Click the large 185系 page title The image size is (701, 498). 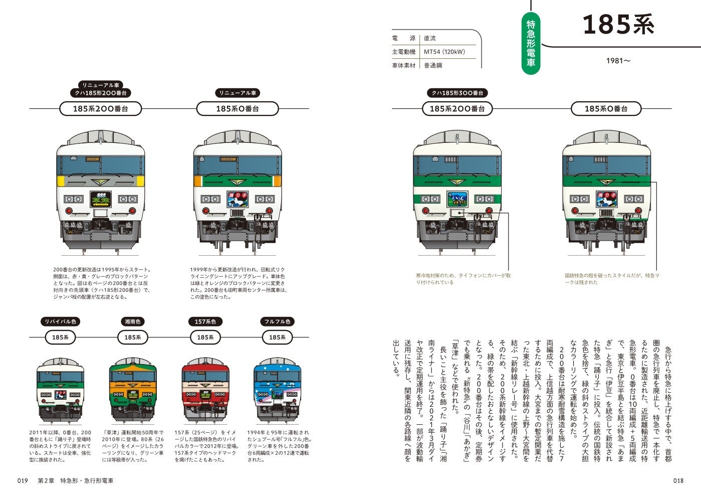[x=618, y=25]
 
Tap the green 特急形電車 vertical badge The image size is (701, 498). [x=531, y=44]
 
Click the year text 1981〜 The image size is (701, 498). [x=618, y=61]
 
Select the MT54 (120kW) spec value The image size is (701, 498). [x=444, y=52]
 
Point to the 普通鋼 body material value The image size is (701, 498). [x=433, y=65]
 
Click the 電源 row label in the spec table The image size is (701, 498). [x=403, y=38]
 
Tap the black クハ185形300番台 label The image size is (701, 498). [x=457, y=93]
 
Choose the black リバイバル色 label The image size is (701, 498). [x=60, y=321]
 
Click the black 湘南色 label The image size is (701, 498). [x=133, y=321]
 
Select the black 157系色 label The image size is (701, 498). [x=205, y=321]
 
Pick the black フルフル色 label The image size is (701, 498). [x=277, y=321]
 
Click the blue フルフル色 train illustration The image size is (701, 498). [x=277, y=390]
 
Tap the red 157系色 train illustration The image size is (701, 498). [x=205, y=390]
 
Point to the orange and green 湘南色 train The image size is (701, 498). [x=133, y=390]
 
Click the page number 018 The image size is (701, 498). [x=678, y=480]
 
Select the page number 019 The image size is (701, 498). [x=23, y=480]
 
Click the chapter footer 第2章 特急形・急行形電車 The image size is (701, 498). [x=76, y=480]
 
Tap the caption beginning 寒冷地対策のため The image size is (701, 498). [x=463, y=279]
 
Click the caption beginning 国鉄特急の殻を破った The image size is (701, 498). [x=612, y=279]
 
